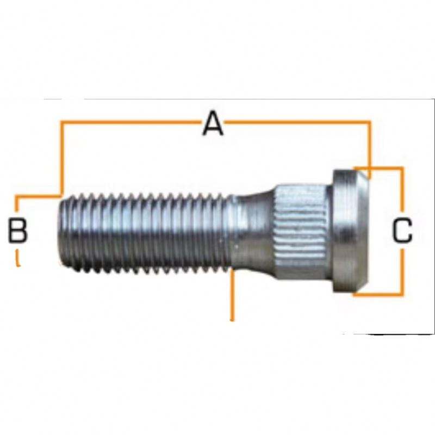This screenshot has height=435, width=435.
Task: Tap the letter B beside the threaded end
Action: pos(18,230)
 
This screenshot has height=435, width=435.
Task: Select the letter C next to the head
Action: pos(402,231)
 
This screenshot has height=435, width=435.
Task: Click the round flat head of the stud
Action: pos(350,231)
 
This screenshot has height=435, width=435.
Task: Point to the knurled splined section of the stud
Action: pos(302,231)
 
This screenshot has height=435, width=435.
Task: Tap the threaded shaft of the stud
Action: pos(147,231)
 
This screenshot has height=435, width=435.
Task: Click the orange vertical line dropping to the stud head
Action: pos(370,147)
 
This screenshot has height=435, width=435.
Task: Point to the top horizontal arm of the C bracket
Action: pos(381,168)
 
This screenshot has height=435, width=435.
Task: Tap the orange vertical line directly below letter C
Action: pos(402,272)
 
